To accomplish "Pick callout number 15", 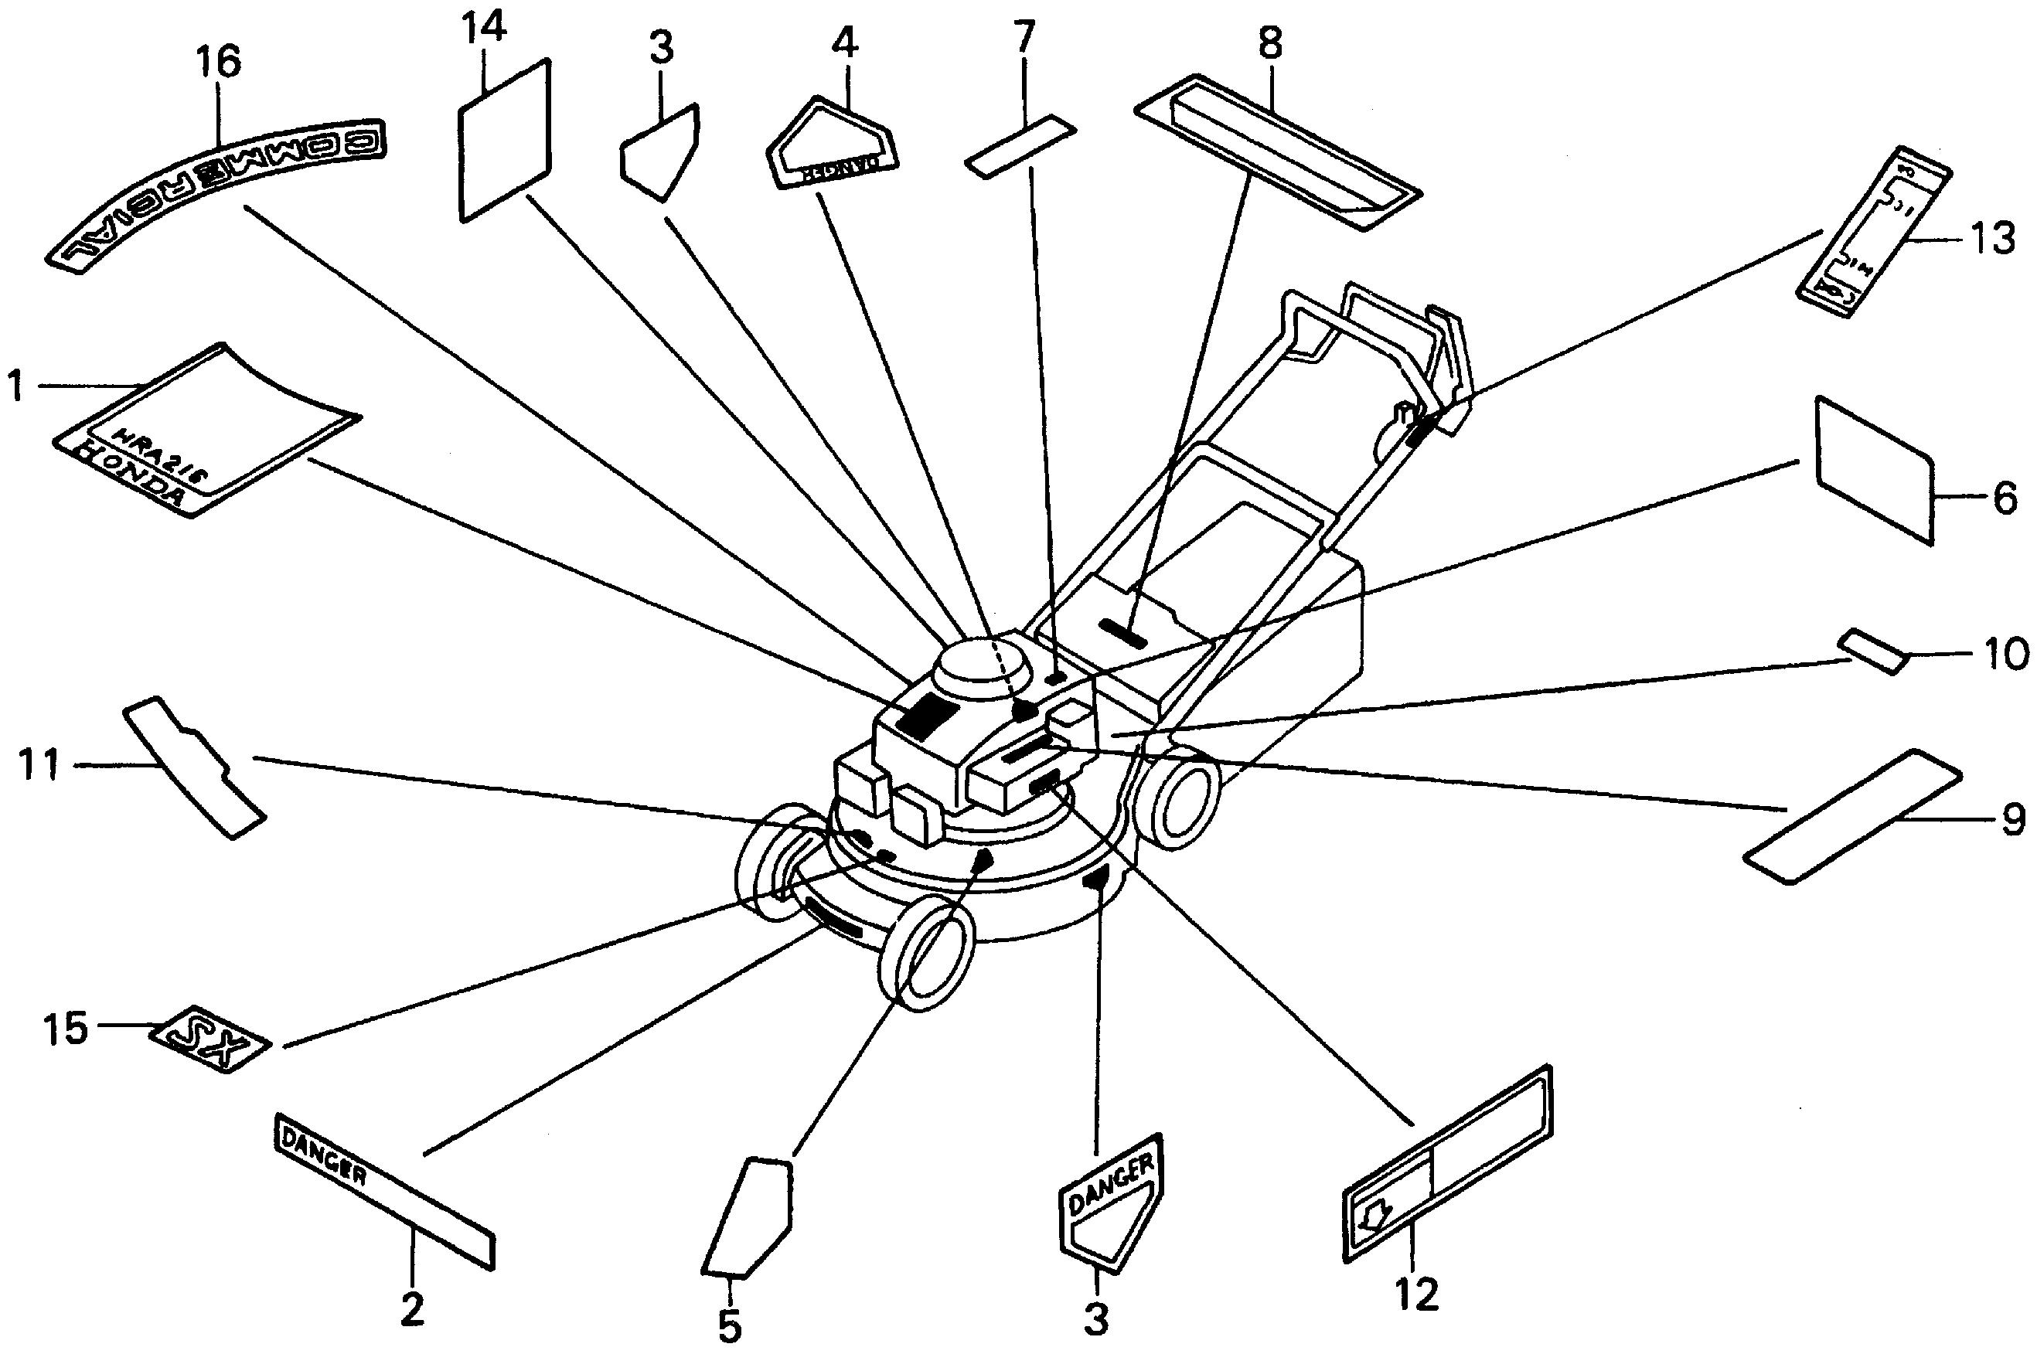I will point(67,1029).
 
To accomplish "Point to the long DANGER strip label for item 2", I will point(384,1189).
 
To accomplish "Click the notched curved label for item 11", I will point(193,764).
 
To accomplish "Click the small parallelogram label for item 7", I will point(1020,146).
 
